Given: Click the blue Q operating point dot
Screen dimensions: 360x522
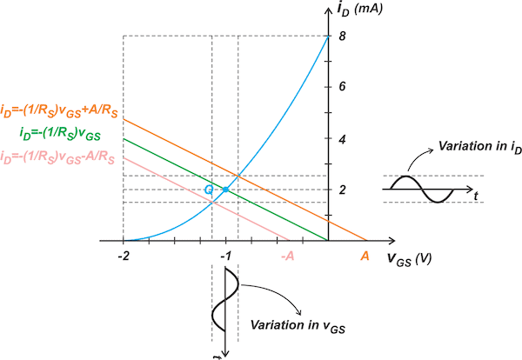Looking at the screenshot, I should tap(225, 190).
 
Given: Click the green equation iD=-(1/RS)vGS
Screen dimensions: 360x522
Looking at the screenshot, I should tap(60, 133).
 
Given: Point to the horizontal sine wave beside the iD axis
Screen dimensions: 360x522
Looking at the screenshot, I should tap(421, 188).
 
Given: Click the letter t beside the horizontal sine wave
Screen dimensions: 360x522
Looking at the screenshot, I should tap(478, 197).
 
